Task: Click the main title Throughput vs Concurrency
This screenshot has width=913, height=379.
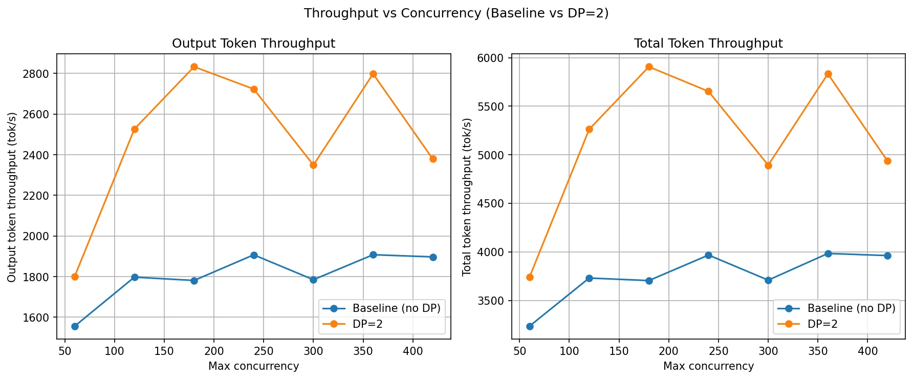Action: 456,13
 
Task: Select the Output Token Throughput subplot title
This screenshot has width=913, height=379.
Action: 253,44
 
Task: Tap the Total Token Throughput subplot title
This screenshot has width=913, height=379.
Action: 708,44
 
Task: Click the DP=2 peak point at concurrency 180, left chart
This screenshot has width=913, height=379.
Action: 194,67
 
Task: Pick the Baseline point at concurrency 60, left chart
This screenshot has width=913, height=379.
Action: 75,326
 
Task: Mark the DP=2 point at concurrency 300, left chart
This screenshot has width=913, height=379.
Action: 313,165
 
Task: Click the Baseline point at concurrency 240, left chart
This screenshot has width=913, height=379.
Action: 254,255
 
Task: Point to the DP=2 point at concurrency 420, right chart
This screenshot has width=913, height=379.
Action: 887,161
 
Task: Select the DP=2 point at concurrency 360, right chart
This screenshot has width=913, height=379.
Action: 828,74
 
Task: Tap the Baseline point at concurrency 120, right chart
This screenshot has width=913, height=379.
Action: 589,278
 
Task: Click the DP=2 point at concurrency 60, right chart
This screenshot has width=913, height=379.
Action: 530,277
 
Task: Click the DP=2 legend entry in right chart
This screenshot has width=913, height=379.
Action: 822,324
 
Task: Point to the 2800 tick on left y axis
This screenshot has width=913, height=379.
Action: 36,74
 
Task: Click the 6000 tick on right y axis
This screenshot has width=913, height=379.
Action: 491,58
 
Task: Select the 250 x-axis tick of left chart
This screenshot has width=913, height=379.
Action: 264,351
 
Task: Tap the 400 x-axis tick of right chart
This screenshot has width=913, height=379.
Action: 868,351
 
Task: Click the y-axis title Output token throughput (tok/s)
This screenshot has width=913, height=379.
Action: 12,197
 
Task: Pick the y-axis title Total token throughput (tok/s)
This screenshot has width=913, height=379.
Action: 467,197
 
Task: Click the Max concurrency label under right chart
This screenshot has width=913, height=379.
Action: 708,366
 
